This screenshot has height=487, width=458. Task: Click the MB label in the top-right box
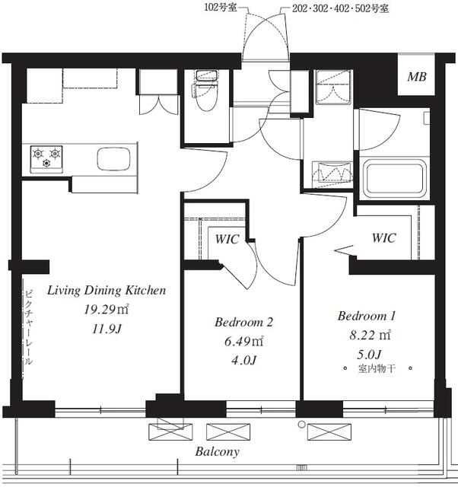coord(417,77)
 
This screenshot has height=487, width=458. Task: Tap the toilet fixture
coord(206,91)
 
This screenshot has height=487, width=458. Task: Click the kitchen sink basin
coord(113,159)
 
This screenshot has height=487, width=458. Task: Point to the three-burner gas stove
coord(46,158)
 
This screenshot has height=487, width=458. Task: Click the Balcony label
coord(218,451)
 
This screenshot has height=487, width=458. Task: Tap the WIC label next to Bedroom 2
coord(227,240)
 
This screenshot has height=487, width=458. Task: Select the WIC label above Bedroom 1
coord(384,238)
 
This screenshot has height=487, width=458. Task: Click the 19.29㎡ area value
coord(107,310)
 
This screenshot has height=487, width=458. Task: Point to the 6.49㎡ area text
coord(243,342)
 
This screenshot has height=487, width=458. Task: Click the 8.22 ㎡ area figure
coord(370,336)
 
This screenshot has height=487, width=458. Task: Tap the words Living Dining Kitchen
coord(107,291)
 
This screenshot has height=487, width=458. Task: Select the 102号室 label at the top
coord(220,8)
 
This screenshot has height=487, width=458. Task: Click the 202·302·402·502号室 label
coord(340,8)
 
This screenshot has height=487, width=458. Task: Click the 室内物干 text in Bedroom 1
coord(377,369)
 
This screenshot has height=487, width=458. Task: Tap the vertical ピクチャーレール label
coord(29,327)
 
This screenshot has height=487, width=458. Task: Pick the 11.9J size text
coord(107,329)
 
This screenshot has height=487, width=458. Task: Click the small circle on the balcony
coord(301,424)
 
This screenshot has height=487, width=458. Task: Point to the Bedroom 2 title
coord(243,322)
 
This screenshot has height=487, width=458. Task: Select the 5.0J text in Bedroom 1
coord(370,355)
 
